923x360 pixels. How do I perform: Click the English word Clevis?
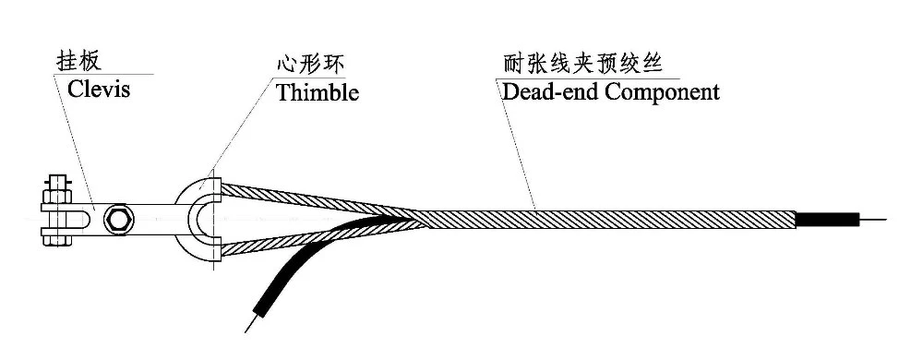tap(99, 90)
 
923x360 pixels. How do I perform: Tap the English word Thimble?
tap(318, 93)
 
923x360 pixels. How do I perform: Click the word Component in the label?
tap(662, 93)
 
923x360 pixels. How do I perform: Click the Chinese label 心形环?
tap(309, 64)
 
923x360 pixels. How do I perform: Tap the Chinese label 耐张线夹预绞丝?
tap(582, 64)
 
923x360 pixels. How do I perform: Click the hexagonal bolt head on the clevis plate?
tap(118, 220)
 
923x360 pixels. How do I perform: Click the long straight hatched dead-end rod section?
tap(606, 220)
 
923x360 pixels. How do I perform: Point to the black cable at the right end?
tap(826, 220)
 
